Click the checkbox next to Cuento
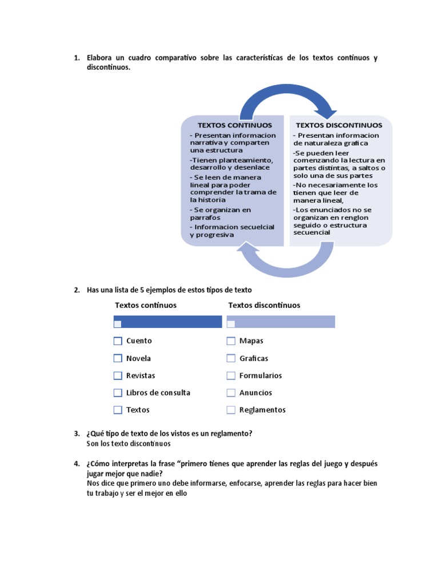[118, 341]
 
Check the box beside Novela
[118, 358]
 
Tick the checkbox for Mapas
[231, 341]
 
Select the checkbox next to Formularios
[231, 375]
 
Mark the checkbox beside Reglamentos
[231, 410]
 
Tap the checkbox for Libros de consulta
[118, 392]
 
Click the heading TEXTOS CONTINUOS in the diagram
[235, 125]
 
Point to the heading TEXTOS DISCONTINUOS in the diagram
[339, 125]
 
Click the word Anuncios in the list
[256, 392]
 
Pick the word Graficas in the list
[254, 358]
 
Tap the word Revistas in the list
[141, 375]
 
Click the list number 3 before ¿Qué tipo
[76, 434]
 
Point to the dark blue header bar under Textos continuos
[168, 322]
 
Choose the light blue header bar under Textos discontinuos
[281, 322]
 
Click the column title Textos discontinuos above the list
[264, 305]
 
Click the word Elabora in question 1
[101, 58]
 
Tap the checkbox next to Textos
[118, 410]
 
